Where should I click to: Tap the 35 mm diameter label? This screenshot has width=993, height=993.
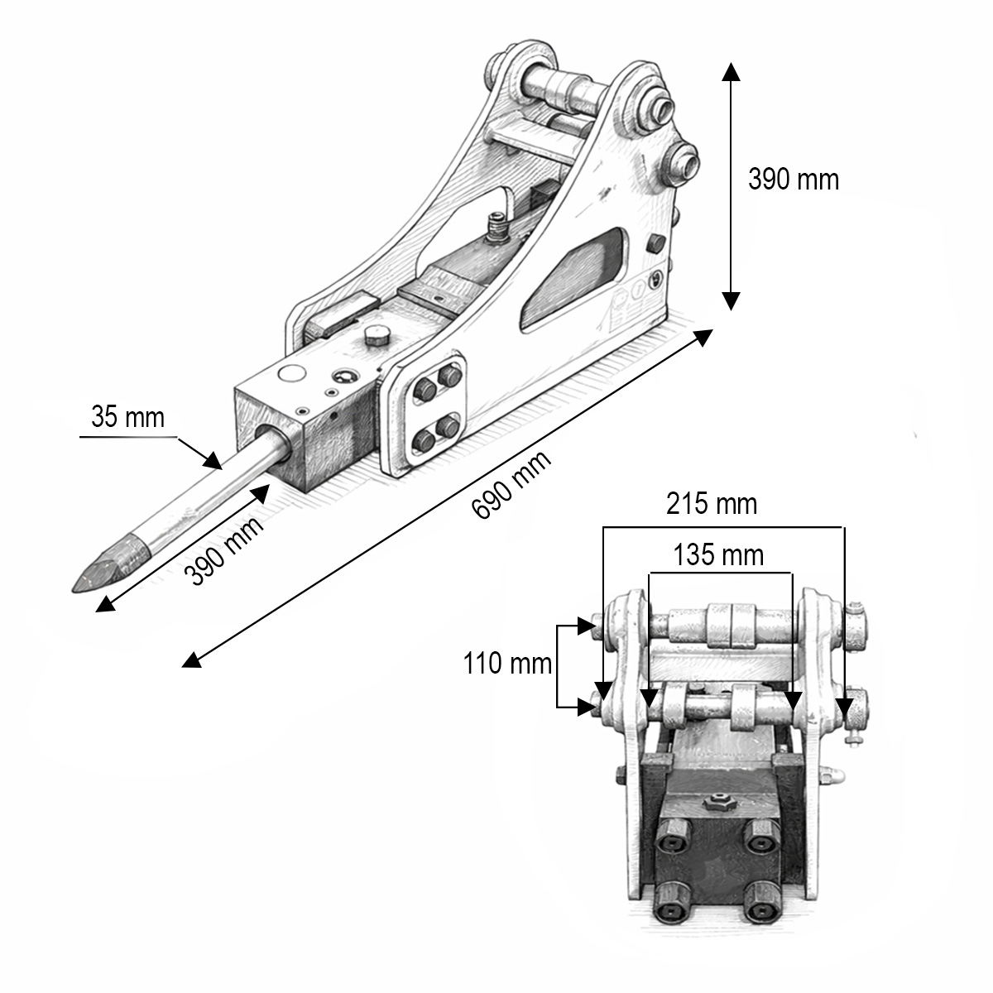tap(128, 416)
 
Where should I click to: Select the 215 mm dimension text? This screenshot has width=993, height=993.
tap(712, 503)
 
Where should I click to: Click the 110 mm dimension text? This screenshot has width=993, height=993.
tap(506, 663)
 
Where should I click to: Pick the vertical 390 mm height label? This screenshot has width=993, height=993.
tap(793, 179)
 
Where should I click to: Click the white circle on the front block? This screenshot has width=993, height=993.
tap(291, 373)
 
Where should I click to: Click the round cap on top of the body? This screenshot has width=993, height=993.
tap(377, 335)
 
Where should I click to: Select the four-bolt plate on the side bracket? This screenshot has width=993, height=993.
tap(436, 407)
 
